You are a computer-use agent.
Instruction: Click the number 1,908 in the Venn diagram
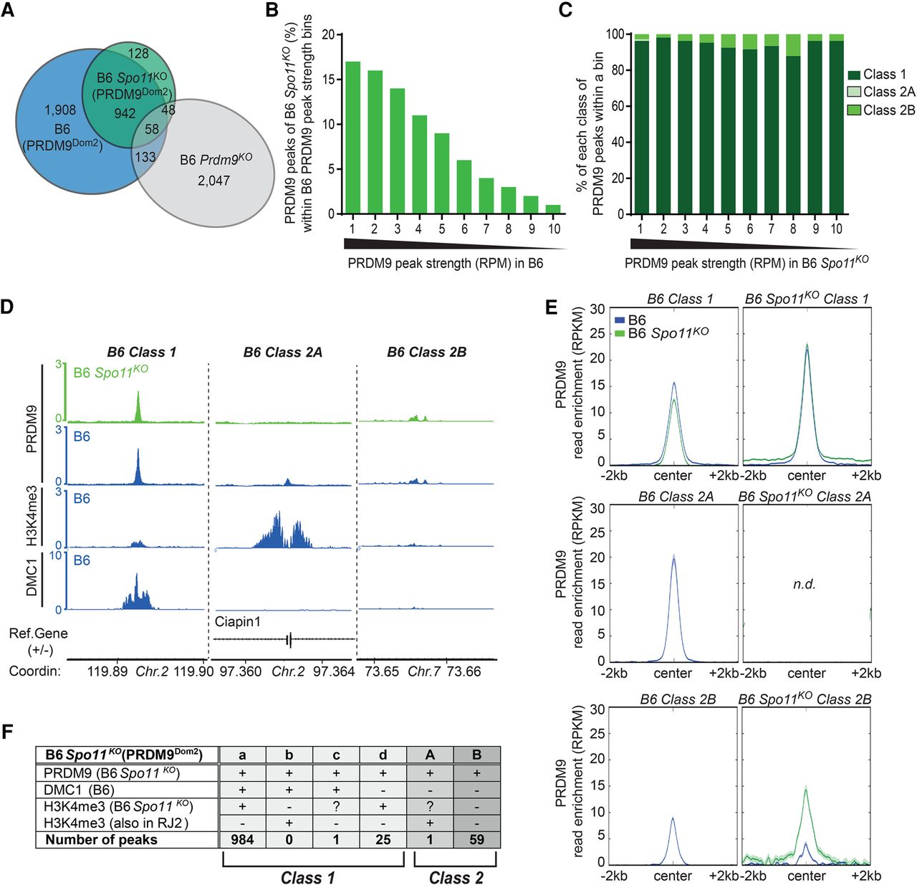pyautogui.click(x=60, y=110)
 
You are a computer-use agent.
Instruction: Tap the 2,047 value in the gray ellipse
pyautogui.click(x=213, y=180)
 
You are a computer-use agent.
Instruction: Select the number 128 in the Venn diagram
pyautogui.click(x=138, y=54)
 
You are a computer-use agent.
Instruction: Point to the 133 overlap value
pyautogui.click(x=145, y=157)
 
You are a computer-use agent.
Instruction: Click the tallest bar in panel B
pyautogui.click(x=352, y=138)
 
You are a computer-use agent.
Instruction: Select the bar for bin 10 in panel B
pyautogui.click(x=554, y=209)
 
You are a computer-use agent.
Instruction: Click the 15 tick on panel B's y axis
pyautogui.click(x=329, y=80)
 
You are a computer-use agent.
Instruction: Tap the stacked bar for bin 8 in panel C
pyautogui.click(x=793, y=123)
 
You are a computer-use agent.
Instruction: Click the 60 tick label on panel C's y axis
pyautogui.click(x=615, y=106)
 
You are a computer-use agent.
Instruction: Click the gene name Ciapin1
pyautogui.click(x=238, y=621)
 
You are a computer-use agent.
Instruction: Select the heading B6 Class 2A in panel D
pyautogui.click(x=283, y=352)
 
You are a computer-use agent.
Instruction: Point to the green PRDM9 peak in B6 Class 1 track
pyautogui.click(x=138, y=406)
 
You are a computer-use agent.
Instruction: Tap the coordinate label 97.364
pyautogui.click(x=334, y=671)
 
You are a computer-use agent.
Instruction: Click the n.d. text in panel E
pyautogui.click(x=805, y=584)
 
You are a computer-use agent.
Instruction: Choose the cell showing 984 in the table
pyautogui.click(x=242, y=839)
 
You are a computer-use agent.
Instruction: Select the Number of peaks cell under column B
pyautogui.click(x=476, y=839)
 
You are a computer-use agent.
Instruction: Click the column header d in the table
pyautogui.click(x=383, y=755)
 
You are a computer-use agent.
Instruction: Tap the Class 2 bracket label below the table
pyautogui.click(x=456, y=877)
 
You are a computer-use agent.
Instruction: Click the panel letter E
pyautogui.click(x=552, y=307)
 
